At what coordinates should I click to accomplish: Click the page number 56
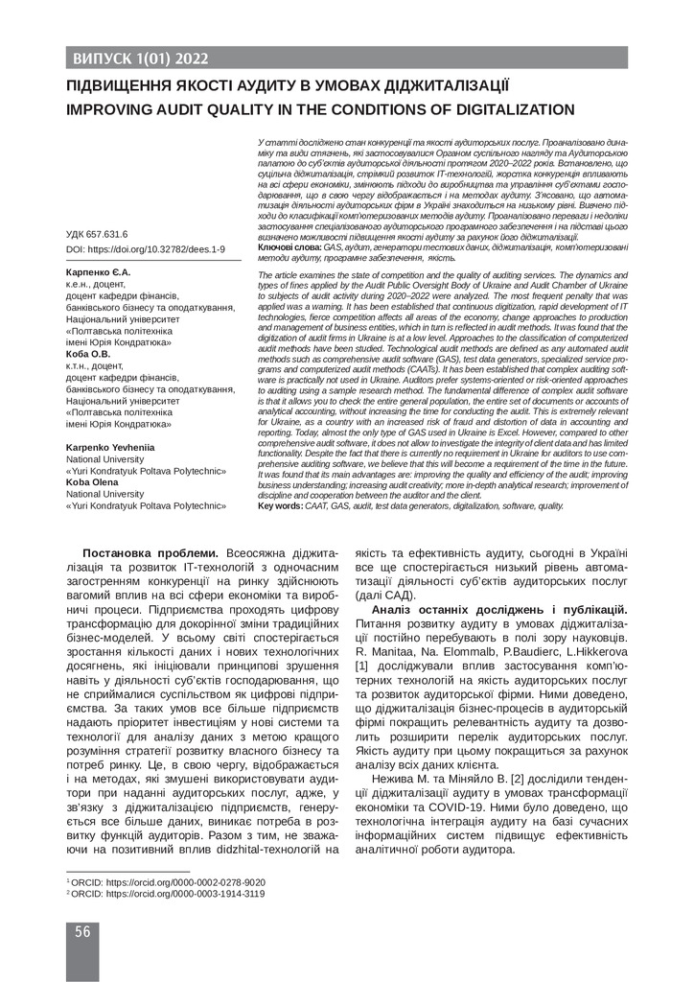click(81, 931)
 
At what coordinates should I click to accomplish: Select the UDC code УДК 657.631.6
click(96, 234)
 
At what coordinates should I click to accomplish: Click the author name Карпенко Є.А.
click(97, 272)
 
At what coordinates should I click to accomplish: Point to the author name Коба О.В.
click(88, 354)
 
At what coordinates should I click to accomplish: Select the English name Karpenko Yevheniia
click(112, 448)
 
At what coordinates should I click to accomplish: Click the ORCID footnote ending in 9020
click(167, 881)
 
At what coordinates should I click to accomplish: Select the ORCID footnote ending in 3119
click(167, 893)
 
